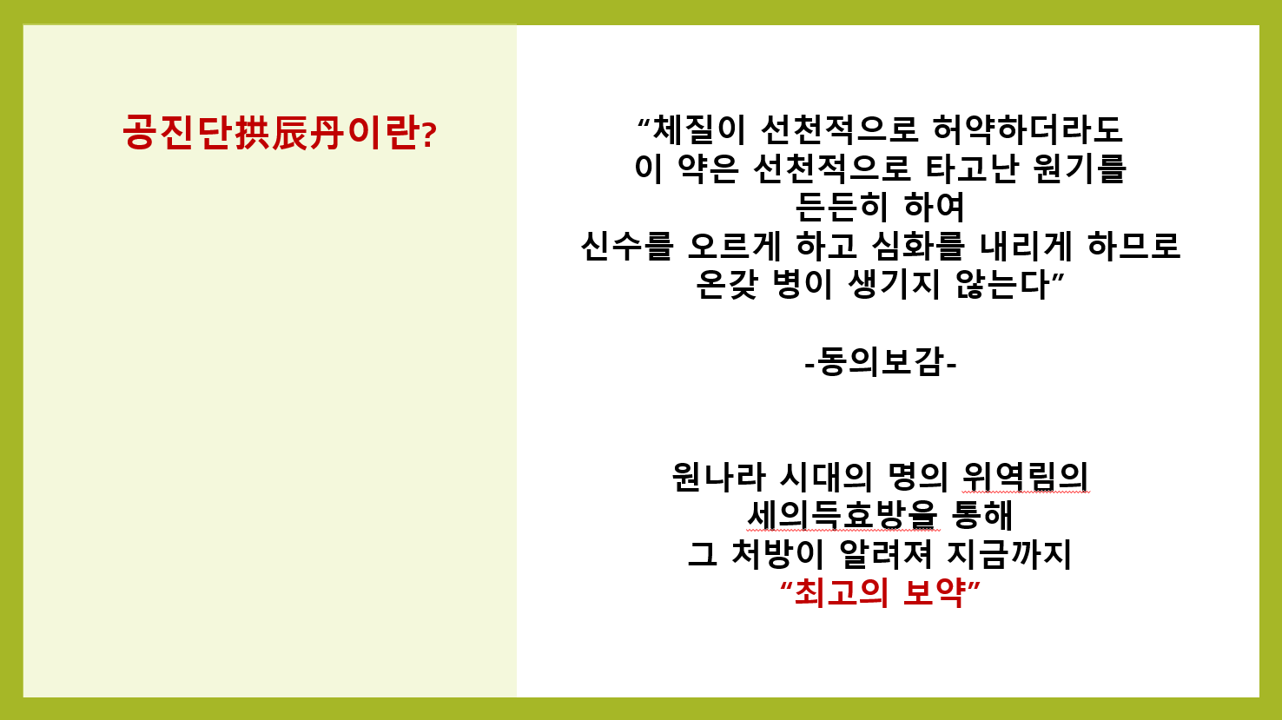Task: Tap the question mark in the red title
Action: [x=429, y=135]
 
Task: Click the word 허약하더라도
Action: [x=1028, y=129]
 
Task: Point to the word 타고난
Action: [x=972, y=168]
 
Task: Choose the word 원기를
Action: [x=1080, y=168]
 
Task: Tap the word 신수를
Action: [x=627, y=246]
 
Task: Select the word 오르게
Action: [x=734, y=246]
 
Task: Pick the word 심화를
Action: [x=919, y=246]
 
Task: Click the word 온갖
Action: [x=727, y=284]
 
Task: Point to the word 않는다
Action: [x=1002, y=284]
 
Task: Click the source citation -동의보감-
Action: [x=881, y=362]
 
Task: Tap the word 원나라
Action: [x=719, y=477]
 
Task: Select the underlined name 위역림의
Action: [x=1026, y=477]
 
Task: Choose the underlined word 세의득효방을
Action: [x=843, y=515]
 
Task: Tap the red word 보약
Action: [x=934, y=593]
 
